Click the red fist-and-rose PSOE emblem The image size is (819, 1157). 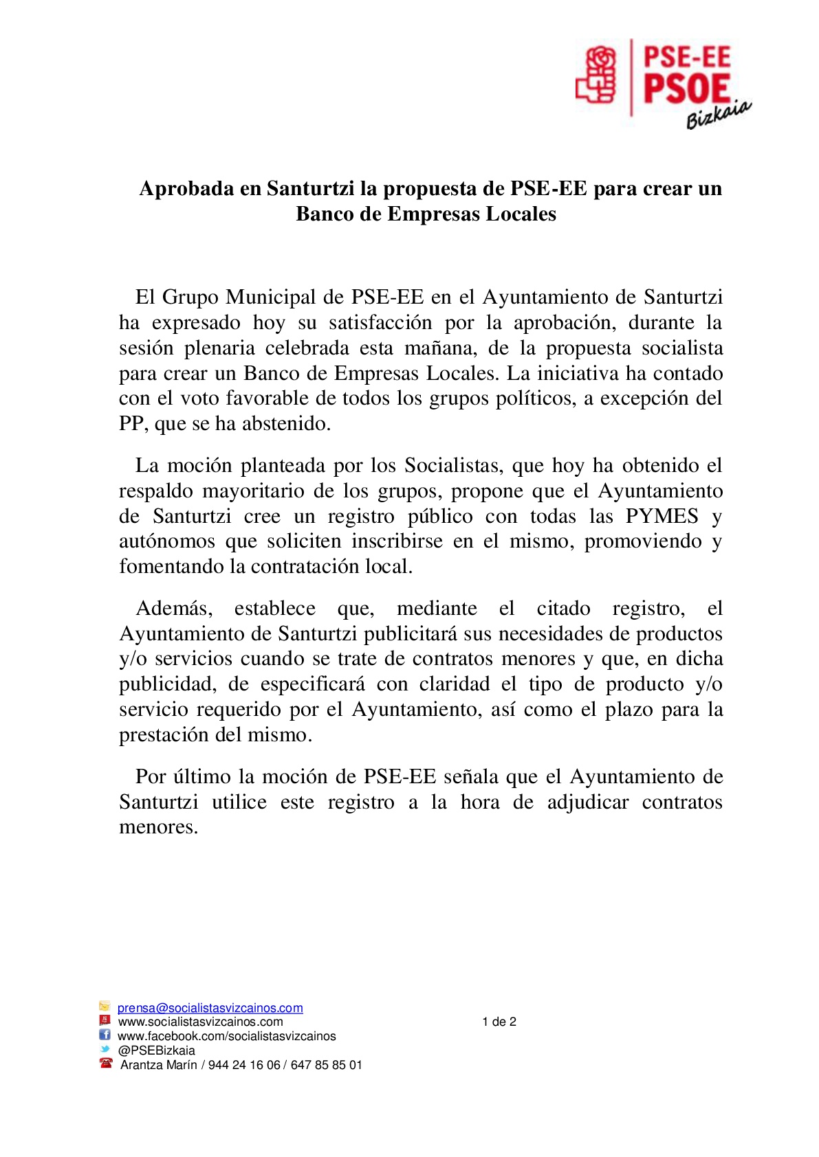pos(596,74)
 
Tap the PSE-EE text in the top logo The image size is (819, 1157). pos(686,56)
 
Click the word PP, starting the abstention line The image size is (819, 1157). pos(131,423)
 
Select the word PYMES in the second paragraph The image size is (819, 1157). pos(662,516)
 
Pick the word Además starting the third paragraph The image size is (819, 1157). pos(174,608)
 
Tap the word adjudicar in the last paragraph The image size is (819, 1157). pos(588,802)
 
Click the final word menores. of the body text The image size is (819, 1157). pos(159,827)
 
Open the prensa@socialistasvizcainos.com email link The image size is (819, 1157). pos(210,1008)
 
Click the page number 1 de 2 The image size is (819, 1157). pos(499,1022)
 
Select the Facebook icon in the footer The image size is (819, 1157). pos(105,1035)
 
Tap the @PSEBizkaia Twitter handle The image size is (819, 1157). pos(157,1051)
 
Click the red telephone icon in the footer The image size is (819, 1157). pos(106,1064)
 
